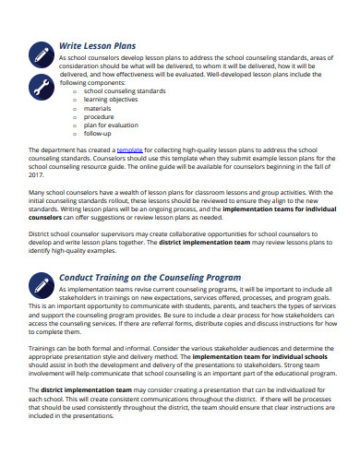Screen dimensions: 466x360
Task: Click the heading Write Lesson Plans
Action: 97,44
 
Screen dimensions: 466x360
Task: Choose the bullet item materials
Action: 98,108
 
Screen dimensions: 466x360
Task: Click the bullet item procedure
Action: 100,116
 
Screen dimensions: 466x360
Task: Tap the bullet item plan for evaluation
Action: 111,125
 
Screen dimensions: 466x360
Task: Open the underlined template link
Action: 129,149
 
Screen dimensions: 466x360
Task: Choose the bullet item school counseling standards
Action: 126,91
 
